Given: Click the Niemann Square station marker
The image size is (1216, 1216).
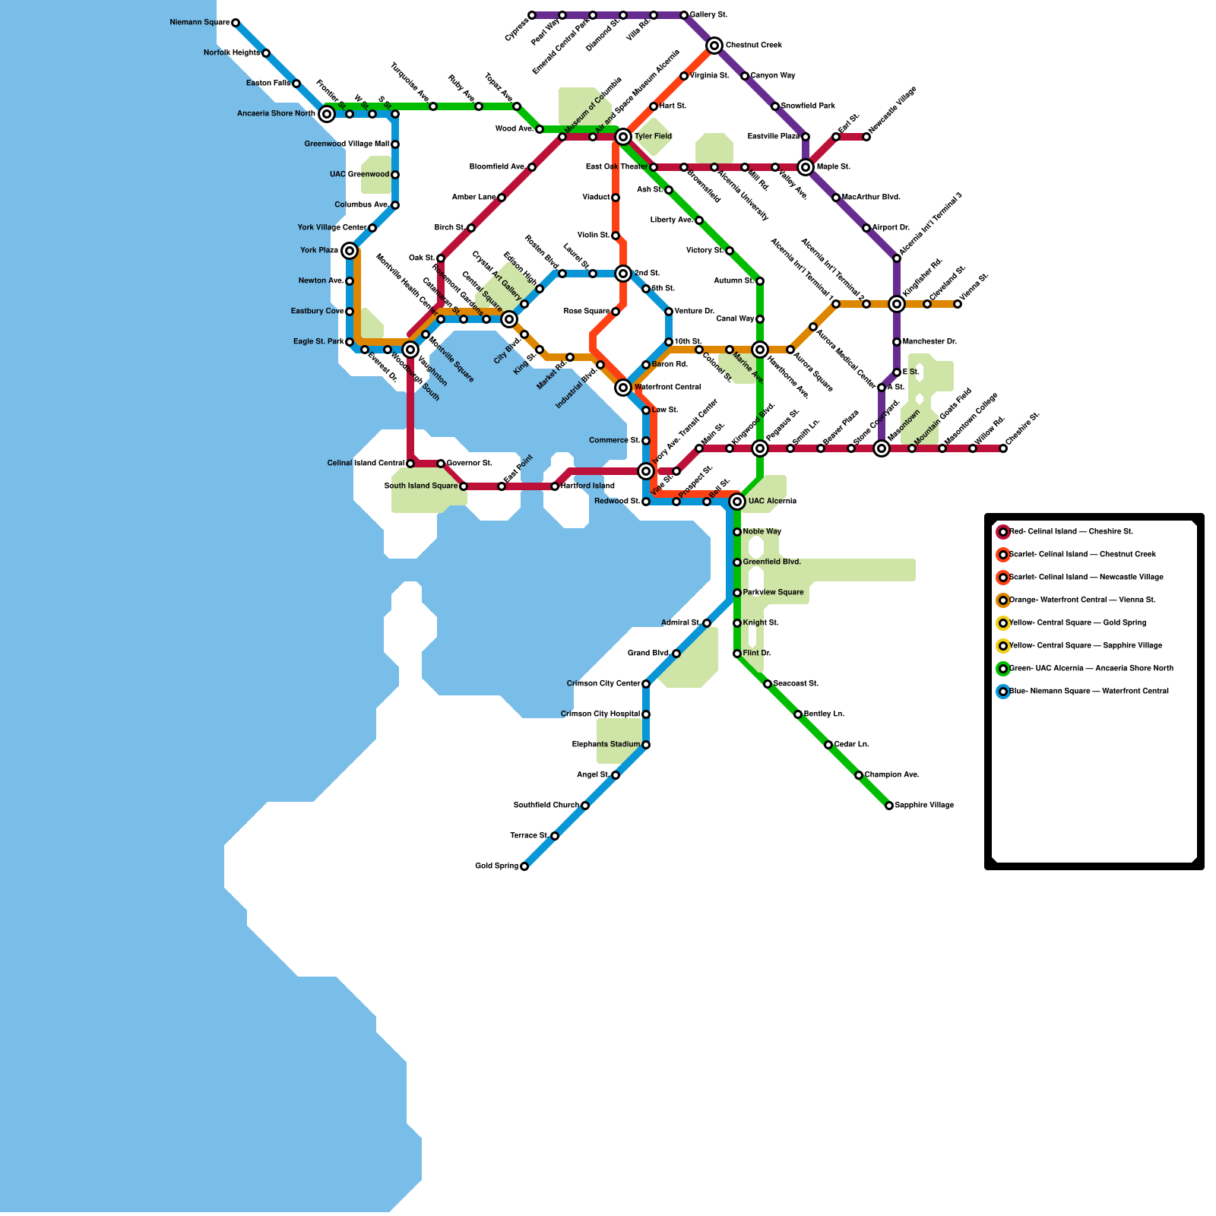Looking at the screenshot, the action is [236, 23].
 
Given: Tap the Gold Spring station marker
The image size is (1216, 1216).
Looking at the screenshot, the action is [524, 866].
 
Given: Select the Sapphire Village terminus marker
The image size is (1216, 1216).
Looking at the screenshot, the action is [889, 806].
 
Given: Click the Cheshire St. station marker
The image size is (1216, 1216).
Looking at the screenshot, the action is [1003, 448].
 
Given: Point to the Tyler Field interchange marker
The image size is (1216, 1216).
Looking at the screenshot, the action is [623, 137].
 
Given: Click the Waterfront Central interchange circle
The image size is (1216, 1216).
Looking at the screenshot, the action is [623, 388].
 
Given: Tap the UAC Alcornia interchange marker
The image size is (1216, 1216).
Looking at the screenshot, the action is [737, 502].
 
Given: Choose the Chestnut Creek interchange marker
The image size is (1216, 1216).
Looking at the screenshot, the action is [714, 46].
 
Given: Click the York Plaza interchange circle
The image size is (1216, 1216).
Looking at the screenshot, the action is [350, 251].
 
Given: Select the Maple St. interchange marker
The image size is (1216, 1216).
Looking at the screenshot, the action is [806, 167].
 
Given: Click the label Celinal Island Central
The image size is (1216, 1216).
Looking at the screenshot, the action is [366, 464].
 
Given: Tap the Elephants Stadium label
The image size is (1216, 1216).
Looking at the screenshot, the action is [606, 745].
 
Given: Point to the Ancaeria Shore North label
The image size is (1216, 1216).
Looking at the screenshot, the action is [276, 114].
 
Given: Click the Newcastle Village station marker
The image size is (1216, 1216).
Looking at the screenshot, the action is [866, 137].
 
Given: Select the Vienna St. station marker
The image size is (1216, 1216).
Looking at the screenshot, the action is [958, 304].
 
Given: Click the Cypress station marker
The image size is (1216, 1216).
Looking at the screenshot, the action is [532, 15].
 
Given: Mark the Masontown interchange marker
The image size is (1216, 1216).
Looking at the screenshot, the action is [882, 448].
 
